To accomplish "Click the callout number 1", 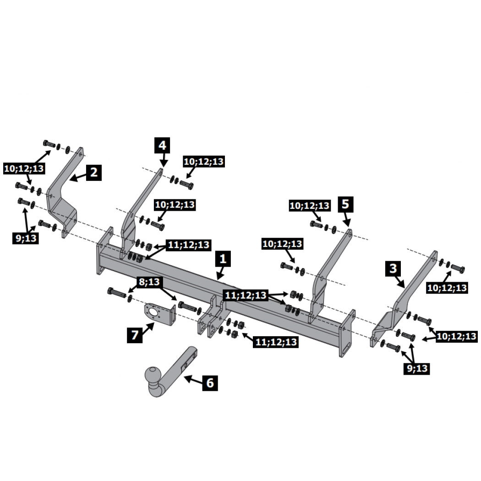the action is pos(223,259).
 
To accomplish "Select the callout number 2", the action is pos(94,172).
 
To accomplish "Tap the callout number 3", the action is pos(393,269).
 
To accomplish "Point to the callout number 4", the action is pos(162,145).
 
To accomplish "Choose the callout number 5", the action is pos(346,204).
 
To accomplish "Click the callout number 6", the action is pos(210,383).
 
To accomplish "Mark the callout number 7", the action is pos(135,335).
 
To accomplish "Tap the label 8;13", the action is pos(149,282).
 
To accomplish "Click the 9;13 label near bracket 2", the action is pos(26,238).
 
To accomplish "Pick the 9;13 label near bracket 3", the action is pos(417,368).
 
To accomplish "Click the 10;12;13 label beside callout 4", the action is pos(204,161).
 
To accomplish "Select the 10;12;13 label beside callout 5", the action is pos(310,206).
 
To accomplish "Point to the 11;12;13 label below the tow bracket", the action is pos(276,342).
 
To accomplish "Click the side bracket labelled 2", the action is pos(63,192).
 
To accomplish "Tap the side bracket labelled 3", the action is pos(405,299).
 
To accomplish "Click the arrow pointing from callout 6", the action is pos(193,380).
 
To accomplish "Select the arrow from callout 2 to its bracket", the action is pos(77,177).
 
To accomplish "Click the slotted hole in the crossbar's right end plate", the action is pos(345,349).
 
